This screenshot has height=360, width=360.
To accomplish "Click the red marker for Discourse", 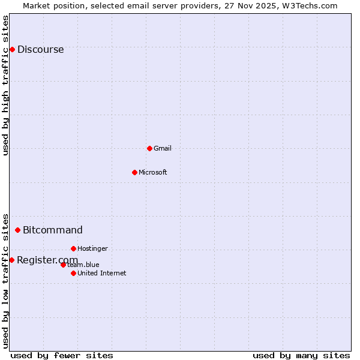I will pyautogui.click(x=12, y=49).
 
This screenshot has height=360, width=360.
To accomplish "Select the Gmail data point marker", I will pyautogui.click(x=149, y=148).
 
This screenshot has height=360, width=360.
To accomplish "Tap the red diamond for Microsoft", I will pyautogui.click(x=134, y=172).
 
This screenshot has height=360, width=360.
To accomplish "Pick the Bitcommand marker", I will pyautogui.click(x=17, y=230).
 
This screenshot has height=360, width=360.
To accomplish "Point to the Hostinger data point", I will pyautogui.click(x=73, y=248).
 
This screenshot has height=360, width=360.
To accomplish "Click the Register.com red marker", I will pyautogui.click(x=11, y=260).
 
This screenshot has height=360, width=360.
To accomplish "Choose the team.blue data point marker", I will pyautogui.click(x=63, y=265).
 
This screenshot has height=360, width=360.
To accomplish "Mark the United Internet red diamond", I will pyautogui.click(x=73, y=273).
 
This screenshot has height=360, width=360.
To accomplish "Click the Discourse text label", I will pyautogui.click(x=40, y=50).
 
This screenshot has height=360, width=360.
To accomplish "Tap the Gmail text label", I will pyautogui.click(x=163, y=148).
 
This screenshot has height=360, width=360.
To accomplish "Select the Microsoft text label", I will pyautogui.click(x=153, y=173).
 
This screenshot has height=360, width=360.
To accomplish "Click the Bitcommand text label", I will pyautogui.click(x=53, y=230).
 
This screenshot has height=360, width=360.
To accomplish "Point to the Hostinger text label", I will pyautogui.click(x=92, y=248).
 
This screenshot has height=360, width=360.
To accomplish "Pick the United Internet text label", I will pyautogui.click(x=102, y=274).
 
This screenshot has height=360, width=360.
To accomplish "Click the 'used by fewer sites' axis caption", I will pyautogui.click(x=62, y=355).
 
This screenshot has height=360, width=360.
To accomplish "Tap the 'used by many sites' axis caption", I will pyautogui.click(x=301, y=355).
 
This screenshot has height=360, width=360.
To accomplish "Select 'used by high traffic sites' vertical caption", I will pyautogui.click(x=6, y=85).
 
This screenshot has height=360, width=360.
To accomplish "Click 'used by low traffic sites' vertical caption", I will pyautogui.click(x=6, y=280).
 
